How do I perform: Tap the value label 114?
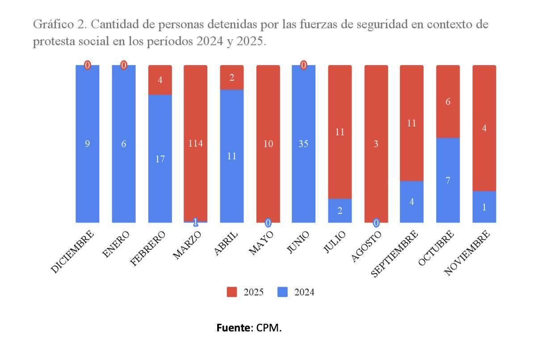(196, 144)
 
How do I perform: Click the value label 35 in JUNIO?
(303, 144)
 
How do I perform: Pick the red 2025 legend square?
(232, 292)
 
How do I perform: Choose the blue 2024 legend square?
(283, 292)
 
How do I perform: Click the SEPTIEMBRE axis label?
(395, 253)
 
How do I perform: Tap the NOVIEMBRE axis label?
(468, 253)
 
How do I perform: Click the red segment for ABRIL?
(232, 77)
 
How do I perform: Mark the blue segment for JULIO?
(340, 211)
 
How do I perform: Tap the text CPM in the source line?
(269, 328)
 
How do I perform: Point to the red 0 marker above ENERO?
(124, 66)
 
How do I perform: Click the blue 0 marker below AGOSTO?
(376, 222)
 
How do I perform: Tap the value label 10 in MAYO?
(268, 144)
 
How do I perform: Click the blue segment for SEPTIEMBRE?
(411, 202)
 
